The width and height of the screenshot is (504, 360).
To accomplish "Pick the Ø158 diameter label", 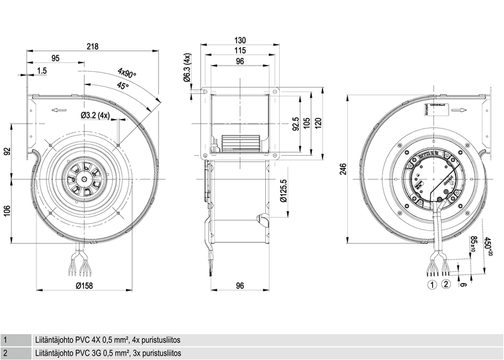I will [x=93, y=286].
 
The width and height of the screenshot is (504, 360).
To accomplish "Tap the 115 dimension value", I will [x=239, y=50].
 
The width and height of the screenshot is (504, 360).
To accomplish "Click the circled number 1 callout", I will [x=432, y=284].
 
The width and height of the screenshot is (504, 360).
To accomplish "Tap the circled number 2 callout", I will [x=446, y=284].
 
